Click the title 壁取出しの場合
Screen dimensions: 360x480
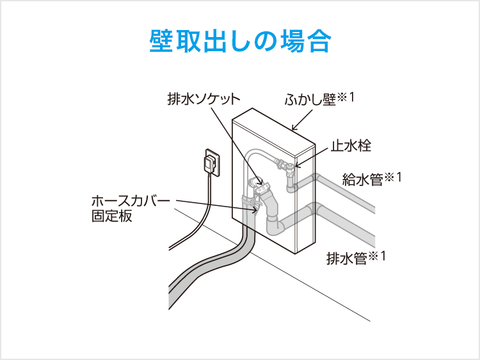click(240, 42)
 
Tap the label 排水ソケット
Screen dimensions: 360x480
click(204, 99)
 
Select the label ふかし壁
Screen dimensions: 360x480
click(310, 100)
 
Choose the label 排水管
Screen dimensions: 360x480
click(346, 258)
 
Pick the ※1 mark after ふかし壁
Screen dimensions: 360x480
click(346, 97)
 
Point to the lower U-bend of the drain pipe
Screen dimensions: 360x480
click(275, 227)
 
